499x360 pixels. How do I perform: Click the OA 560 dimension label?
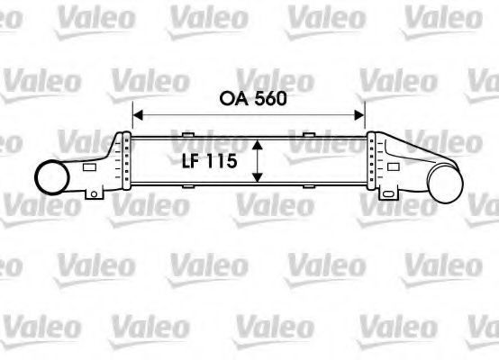pyautogui.click(x=253, y=99)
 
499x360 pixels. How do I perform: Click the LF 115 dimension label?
pyautogui.click(x=209, y=160)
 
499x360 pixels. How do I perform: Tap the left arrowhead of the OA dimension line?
pyautogui.click(x=138, y=115)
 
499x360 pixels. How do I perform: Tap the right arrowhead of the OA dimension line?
pyautogui.click(x=359, y=115)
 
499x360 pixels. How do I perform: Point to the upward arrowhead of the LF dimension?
pyautogui.click(x=257, y=145)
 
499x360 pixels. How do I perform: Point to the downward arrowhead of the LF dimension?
pyautogui.click(x=257, y=177)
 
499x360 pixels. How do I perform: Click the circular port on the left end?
pyautogui.click(x=52, y=177)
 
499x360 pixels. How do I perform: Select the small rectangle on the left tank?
pyautogui.click(x=89, y=167)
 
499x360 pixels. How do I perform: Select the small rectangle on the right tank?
pyautogui.click(x=394, y=166)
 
